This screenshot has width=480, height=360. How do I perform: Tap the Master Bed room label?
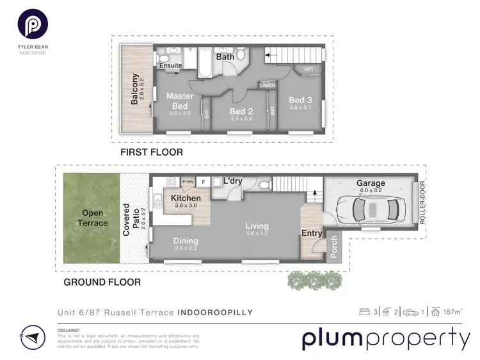pos(180,101)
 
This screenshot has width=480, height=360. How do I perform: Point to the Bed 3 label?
pos(300,100)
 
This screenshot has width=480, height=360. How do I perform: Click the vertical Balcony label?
pos(135,90)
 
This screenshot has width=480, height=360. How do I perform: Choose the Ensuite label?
pos(170,65)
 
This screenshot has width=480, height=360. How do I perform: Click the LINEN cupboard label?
pos(267,85)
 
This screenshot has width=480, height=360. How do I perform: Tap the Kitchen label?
pos(186,199)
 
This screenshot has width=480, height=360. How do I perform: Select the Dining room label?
pos(186,241)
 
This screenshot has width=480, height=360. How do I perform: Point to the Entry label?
pos(312,233)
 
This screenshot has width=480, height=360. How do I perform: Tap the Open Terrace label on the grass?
pos(90,217)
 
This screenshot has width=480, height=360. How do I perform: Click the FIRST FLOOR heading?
pos(152,152)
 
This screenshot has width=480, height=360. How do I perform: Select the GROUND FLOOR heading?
pos(102,282)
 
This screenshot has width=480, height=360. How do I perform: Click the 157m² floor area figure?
pos(452,312)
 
